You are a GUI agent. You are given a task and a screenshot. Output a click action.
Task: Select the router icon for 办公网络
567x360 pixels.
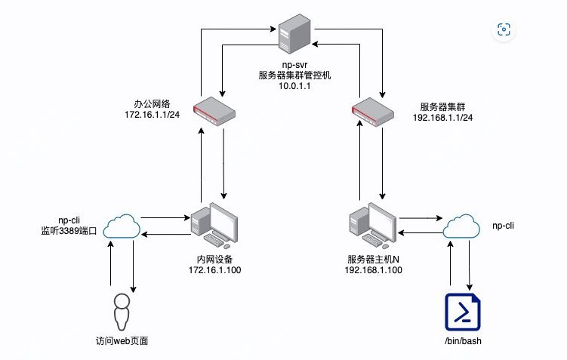[212, 110]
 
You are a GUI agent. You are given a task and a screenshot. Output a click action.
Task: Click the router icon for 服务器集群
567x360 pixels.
[374, 110]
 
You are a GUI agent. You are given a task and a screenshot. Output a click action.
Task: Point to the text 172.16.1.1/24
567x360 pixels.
[152, 114]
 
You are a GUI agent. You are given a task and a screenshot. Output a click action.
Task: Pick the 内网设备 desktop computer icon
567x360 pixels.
[214, 224]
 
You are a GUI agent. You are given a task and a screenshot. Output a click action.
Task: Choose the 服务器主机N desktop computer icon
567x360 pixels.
[371, 224]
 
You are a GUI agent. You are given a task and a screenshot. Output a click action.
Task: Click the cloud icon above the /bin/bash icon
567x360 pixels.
[462, 226]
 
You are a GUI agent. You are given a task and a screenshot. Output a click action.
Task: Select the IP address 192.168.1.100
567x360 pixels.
[373, 269]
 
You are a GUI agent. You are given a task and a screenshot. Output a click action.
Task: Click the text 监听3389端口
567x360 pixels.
[69, 230]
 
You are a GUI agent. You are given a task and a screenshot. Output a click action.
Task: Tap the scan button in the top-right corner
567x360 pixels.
[504, 29]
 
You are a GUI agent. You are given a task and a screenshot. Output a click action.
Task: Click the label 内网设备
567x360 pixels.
[214, 259]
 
